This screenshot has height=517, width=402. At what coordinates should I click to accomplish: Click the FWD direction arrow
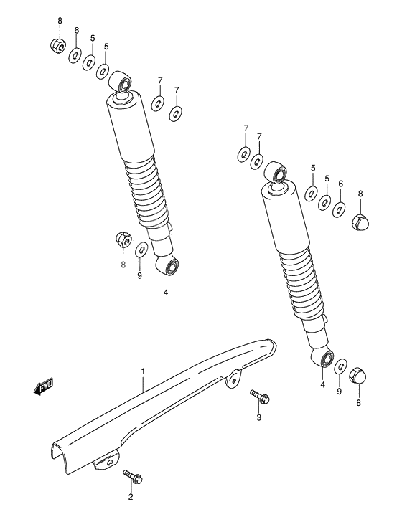tap(44, 388)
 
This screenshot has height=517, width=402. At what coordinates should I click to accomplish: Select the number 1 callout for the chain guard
tap(143, 372)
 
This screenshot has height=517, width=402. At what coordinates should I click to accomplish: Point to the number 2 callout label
tap(131, 496)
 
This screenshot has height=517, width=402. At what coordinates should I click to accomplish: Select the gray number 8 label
tap(123, 265)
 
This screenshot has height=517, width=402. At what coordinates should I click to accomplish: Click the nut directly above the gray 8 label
tap(123, 240)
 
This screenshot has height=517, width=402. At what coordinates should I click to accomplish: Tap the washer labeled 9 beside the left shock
tap(141, 250)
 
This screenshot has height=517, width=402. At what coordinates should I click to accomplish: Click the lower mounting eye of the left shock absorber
tap(172, 268)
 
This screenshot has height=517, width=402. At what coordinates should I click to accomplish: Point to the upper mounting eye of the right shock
tap(276, 173)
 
